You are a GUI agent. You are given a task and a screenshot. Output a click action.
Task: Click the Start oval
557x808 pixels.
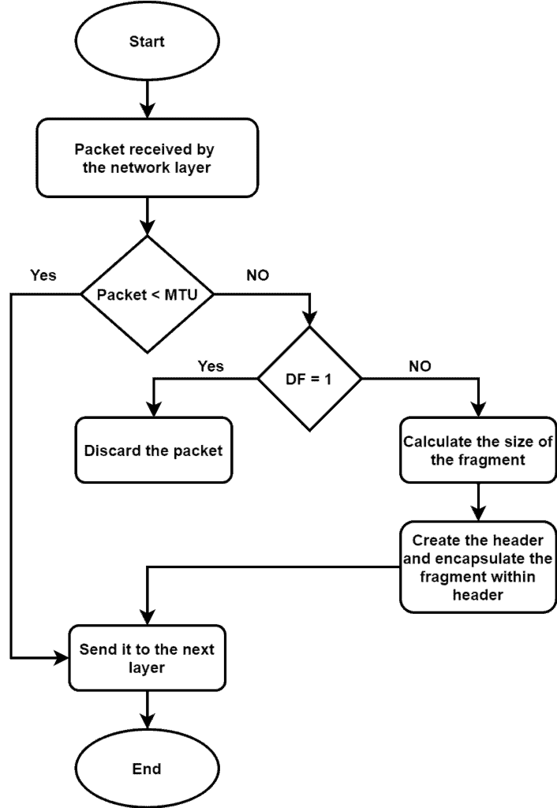coord(147,42)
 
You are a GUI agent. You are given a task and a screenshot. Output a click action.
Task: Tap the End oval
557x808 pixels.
coord(147,769)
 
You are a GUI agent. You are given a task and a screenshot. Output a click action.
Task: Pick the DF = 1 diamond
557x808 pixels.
coord(309,379)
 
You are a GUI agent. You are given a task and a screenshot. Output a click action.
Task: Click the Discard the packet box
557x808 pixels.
coord(153,451)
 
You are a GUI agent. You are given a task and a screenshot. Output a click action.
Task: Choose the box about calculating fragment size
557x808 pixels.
coord(478,451)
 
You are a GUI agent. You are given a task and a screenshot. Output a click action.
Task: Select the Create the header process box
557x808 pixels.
coord(478,567)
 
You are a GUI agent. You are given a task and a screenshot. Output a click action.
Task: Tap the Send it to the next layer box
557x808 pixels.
coord(147,658)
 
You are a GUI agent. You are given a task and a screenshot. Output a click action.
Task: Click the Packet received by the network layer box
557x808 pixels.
coord(147,158)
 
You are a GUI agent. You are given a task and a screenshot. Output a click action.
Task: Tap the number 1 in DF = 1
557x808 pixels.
coord(329,379)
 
